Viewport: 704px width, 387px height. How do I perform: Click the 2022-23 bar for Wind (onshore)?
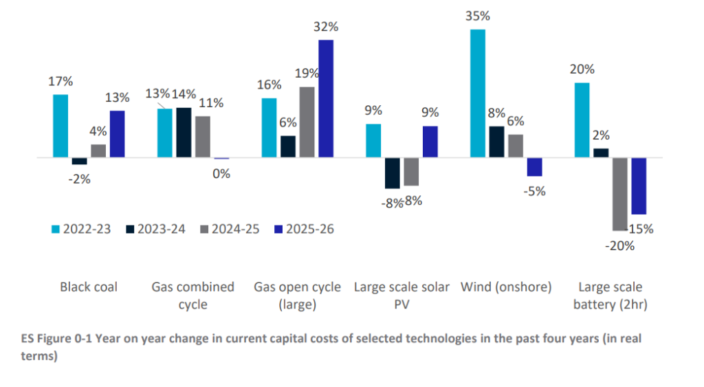pyautogui.click(x=478, y=93)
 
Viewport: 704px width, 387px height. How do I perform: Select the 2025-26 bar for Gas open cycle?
pyautogui.click(x=326, y=99)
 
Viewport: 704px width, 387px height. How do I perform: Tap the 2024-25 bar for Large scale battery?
pyautogui.click(x=620, y=194)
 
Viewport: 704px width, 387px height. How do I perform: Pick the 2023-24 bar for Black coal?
pyautogui.click(x=80, y=162)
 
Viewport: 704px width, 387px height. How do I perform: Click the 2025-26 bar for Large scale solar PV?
pyautogui.click(x=430, y=142)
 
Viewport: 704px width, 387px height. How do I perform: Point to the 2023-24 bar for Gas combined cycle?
pyautogui.click(x=184, y=133)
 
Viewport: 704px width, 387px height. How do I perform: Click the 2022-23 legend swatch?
pyautogui.click(x=57, y=230)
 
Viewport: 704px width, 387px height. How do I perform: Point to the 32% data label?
pyautogui.click(x=326, y=27)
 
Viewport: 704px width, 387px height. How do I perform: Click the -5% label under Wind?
pyautogui.click(x=534, y=191)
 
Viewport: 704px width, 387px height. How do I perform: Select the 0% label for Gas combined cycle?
pyautogui.click(x=221, y=173)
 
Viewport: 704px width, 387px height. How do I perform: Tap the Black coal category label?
pyautogui.click(x=89, y=287)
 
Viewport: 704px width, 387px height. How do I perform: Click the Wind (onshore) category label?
pyautogui.click(x=506, y=287)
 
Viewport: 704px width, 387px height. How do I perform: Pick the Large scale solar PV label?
pyautogui.click(x=401, y=295)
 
